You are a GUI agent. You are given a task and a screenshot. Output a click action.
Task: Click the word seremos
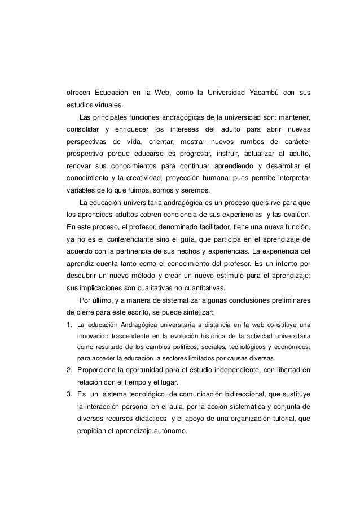(192, 190)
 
